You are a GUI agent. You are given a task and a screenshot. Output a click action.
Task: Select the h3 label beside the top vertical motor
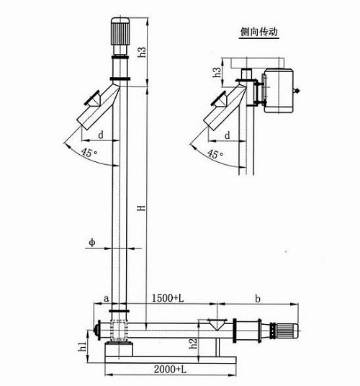pos(143,52)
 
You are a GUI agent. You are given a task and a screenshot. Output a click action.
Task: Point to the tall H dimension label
pos(143,208)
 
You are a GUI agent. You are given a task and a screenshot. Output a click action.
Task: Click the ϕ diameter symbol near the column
pos(92,243)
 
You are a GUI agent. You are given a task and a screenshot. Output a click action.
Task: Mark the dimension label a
pos(106,297)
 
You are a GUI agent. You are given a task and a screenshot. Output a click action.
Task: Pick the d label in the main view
pos(100,135)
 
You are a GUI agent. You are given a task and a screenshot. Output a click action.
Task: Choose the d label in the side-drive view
pos(228,135)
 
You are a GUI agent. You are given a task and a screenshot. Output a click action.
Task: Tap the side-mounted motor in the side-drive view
pos(277,90)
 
